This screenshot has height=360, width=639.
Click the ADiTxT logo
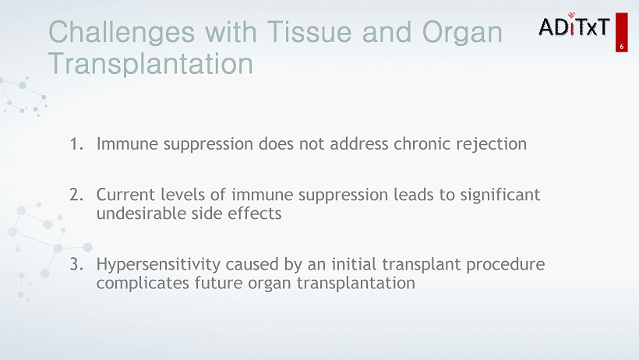click(x=574, y=25)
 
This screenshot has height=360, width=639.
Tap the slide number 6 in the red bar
click(x=622, y=47)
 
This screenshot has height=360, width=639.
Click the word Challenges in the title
click(x=122, y=33)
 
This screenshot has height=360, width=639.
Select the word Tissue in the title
click(x=309, y=31)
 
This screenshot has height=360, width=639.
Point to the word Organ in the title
click(x=462, y=33)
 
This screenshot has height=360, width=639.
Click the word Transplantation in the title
click(x=150, y=63)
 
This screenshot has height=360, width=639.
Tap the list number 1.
click(x=76, y=144)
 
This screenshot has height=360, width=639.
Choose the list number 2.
click(x=76, y=195)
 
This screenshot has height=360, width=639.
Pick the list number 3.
click(x=76, y=264)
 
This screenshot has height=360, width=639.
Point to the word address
click(x=359, y=143)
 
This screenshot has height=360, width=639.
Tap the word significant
click(x=500, y=196)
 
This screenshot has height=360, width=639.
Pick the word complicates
click(x=143, y=284)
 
